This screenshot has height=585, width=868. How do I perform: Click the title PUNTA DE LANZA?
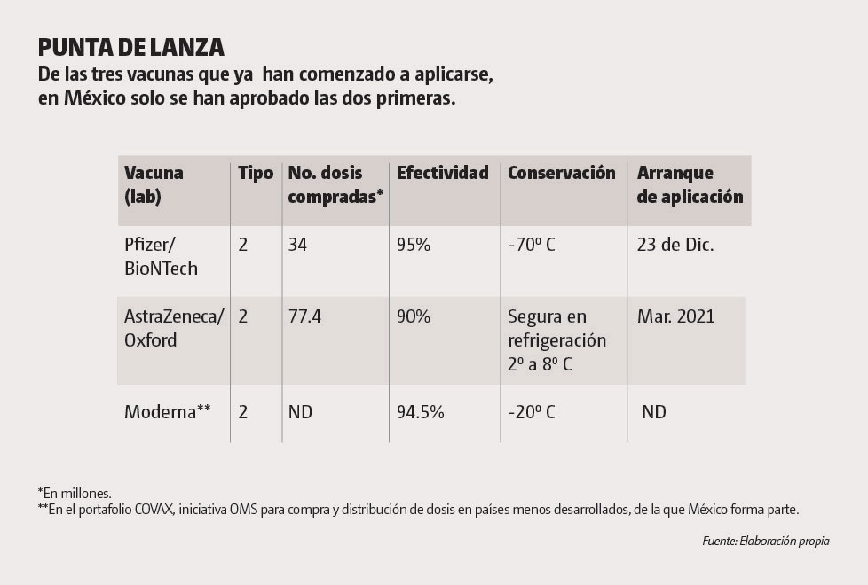131,47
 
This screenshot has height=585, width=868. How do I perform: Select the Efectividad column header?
442,173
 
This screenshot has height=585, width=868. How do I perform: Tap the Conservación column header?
561,173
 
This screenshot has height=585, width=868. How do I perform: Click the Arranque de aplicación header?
690,184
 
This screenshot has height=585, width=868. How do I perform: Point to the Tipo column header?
256,173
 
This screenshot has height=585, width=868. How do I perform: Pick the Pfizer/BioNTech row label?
161,256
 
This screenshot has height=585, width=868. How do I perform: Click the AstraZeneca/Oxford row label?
174,328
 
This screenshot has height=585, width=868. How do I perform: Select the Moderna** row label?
167,412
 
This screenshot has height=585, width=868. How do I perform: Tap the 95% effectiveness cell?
414,245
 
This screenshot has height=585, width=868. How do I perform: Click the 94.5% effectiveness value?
421,412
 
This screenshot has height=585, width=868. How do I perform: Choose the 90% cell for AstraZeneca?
414,316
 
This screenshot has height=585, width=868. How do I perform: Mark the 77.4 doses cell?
304,316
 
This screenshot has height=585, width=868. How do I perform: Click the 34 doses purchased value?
297,245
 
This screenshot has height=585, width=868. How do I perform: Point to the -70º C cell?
532,245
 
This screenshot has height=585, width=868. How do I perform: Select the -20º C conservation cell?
532,412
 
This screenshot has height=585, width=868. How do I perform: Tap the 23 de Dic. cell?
675,245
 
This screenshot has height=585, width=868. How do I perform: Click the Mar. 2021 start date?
675,316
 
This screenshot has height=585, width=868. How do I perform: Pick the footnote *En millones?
75,493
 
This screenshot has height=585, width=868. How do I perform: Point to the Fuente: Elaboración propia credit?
765,541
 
